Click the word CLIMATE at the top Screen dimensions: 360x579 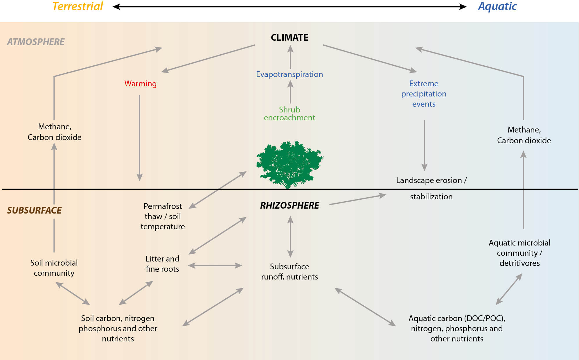click(289, 37)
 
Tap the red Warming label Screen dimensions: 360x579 click(141, 84)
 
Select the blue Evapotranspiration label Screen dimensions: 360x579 click(289, 74)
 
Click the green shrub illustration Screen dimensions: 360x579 click(289, 164)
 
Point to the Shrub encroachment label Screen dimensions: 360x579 click(289, 114)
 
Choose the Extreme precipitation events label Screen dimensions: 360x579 click(424, 94)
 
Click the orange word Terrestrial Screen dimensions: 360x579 click(78, 6)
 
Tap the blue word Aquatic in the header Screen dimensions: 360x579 click(497, 6)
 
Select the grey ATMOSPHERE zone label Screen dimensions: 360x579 click(36, 42)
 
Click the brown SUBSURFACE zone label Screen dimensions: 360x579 click(34, 210)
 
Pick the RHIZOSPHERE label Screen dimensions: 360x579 click(289, 205)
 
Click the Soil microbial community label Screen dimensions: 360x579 click(54, 268)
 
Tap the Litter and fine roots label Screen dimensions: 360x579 click(162, 264)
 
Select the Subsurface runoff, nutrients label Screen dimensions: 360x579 click(289, 272)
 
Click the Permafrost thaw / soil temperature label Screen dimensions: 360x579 click(163, 216)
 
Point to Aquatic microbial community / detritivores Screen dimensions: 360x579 click(519, 253)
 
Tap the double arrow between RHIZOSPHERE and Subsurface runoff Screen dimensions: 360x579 click(290, 237)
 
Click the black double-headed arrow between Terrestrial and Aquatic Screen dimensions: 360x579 click(289, 7)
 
